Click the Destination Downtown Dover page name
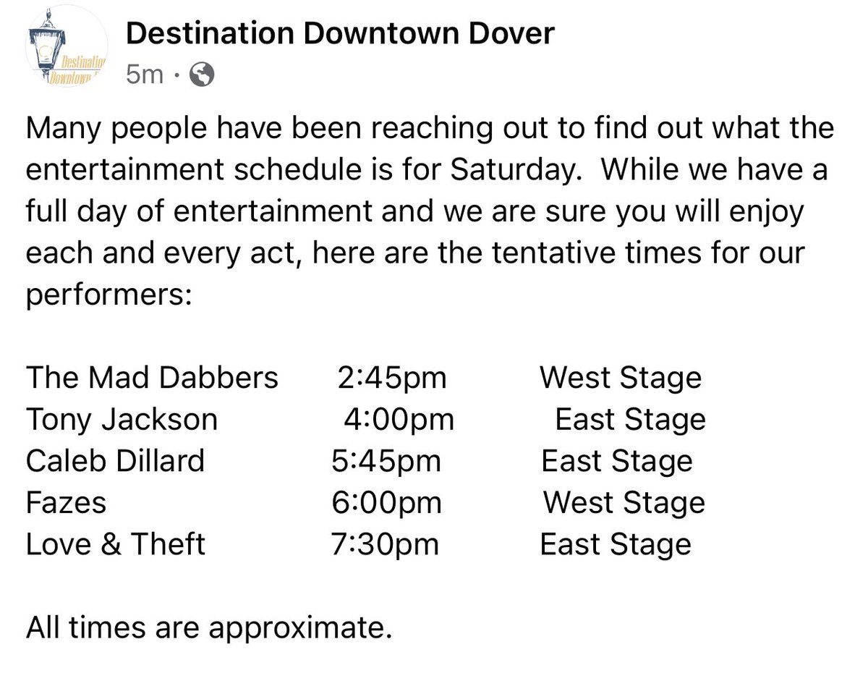[340, 33]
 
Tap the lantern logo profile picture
[66, 52]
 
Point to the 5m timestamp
[145, 73]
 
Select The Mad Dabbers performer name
[152, 378]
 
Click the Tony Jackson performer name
[122, 420]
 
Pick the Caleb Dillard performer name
[116, 461]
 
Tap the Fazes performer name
[66, 503]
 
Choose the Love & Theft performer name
[116, 544]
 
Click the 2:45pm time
[391, 378]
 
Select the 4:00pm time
[399, 420]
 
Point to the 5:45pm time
[386, 461]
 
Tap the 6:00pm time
[386, 503]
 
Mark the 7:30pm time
[385, 544]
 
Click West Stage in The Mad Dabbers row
[621, 378]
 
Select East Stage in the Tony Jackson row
[630, 420]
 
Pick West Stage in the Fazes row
[624, 503]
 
